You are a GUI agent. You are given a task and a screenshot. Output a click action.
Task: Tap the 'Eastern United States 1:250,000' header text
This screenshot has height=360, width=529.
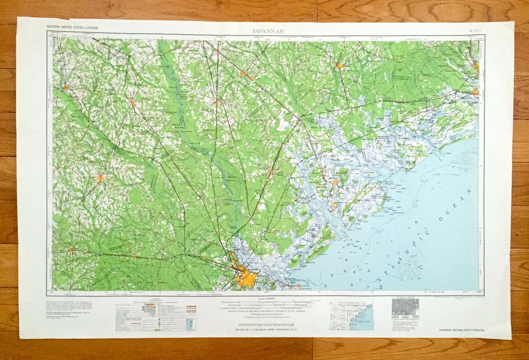pos(72,26)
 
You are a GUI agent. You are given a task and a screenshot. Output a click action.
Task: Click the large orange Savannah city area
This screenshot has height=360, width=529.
pos(246,278)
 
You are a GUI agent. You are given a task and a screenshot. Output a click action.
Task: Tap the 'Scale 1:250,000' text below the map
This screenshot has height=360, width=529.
pos(264,298)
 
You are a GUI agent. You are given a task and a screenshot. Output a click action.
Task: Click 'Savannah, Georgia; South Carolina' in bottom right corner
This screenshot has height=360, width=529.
pos(462,332)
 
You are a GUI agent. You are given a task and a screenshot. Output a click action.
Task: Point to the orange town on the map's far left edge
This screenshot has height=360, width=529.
pos(65,88)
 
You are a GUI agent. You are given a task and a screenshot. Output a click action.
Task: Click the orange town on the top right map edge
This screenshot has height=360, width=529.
pos(476,67)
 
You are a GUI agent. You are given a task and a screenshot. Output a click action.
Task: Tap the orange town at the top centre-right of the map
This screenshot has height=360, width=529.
pos(339,65)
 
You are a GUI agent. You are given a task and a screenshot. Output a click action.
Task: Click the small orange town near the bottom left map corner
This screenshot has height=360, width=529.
pos(72,250)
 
